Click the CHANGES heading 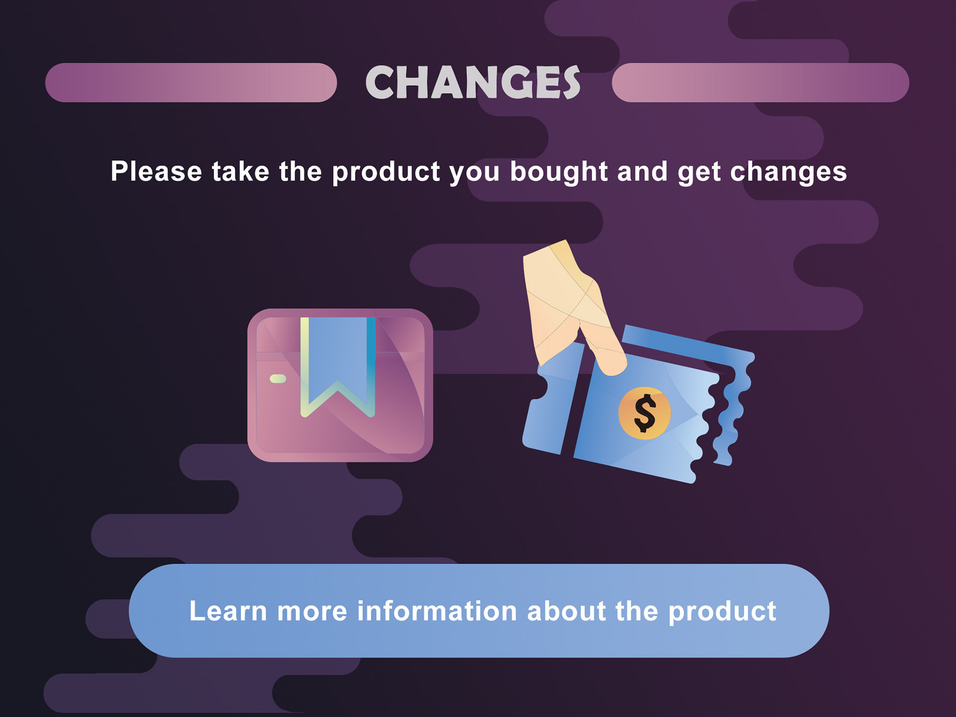click(x=473, y=82)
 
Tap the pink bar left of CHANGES click(x=191, y=83)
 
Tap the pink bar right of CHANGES click(x=760, y=83)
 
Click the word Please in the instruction click(x=156, y=171)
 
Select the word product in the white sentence click(x=386, y=172)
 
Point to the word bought click(x=559, y=172)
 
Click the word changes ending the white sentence click(x=788, y=172)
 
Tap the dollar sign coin click(x=645, y=413)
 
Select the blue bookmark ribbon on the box click(x=338, y=358)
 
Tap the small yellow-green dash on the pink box click(x=278, y=379)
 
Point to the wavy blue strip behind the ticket click(x=732, y=398)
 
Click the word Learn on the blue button click(x=228, y=611)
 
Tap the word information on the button click(x=437, y=611)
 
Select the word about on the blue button click(x=567, y=611)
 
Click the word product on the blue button click(x=722, y=612)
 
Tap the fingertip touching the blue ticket click(x=612, y=365)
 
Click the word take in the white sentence click(x=240, y=171)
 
